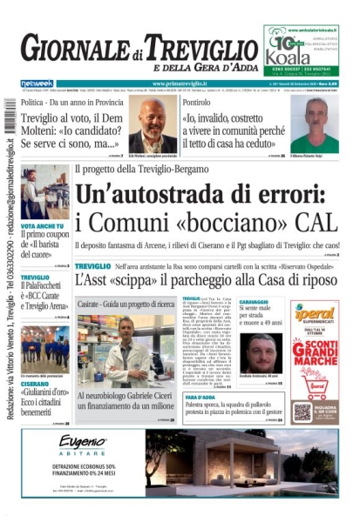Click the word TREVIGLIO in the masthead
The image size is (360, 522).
click(x=200, y=49)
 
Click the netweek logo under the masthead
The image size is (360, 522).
click(x=37, y=84)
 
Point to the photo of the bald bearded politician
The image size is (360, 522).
click(x=153, y=125)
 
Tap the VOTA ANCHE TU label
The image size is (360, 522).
click(x=41, y=224)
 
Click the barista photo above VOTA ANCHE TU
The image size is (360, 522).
click(x=44, y=191)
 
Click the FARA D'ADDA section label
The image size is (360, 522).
click(x=202, y=397)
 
